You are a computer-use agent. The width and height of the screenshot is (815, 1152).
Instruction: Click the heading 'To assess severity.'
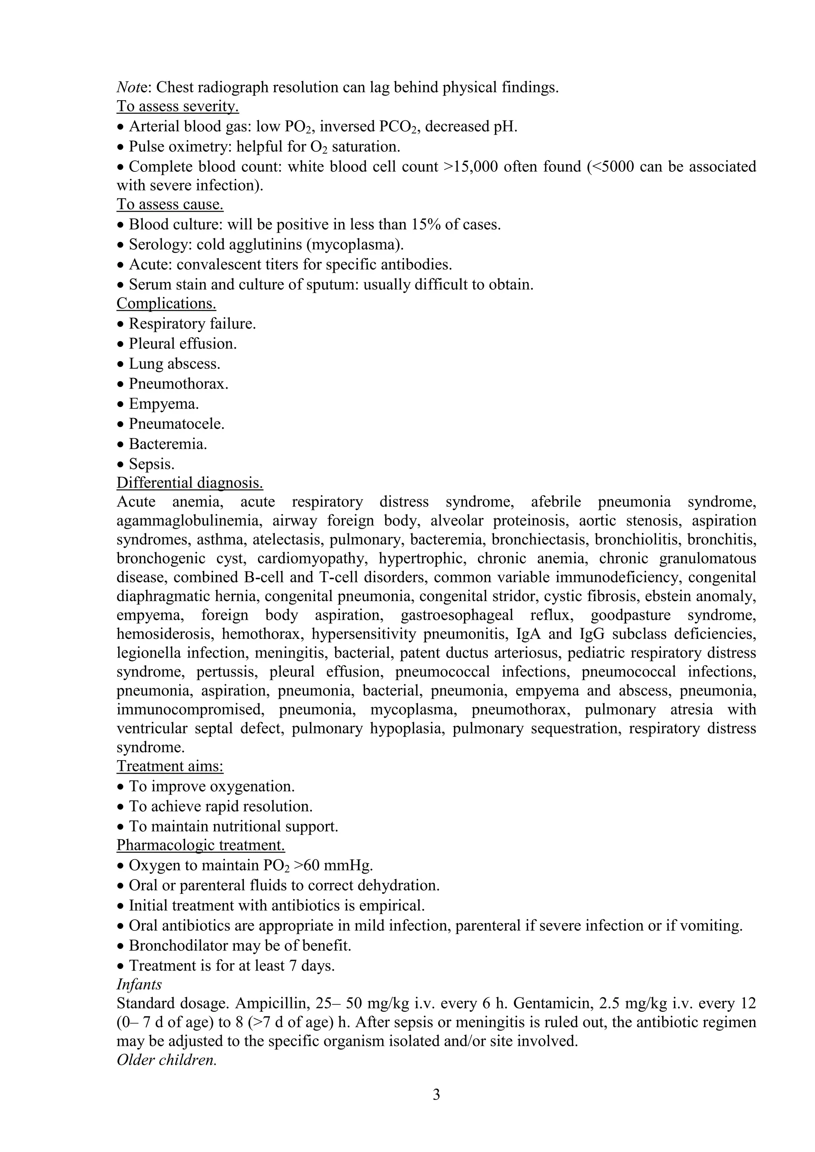[177, 106]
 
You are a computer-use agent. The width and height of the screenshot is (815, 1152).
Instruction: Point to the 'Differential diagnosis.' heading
[190, 483]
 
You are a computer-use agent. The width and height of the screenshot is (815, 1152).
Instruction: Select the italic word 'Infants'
[139, 985]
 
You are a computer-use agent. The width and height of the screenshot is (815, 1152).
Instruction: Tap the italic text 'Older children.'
[167, 1060]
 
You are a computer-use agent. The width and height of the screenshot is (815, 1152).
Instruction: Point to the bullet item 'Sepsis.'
[152, 464]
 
